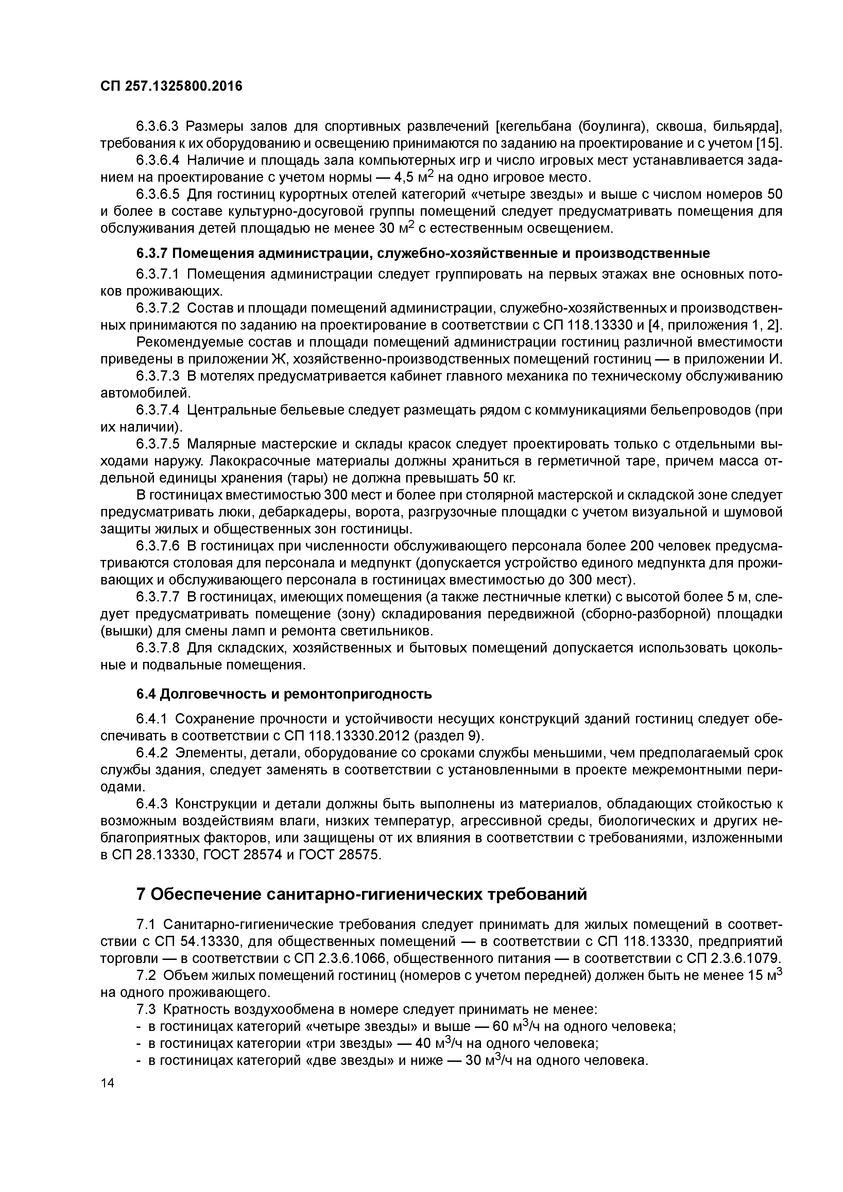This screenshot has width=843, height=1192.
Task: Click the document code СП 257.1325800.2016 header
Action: pos(171,86)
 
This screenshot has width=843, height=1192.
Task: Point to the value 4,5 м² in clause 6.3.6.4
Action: pos(415,178)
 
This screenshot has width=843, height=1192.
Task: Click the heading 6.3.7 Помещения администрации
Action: pos(423,253)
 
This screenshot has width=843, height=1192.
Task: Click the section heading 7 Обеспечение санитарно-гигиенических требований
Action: pos(362,894)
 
